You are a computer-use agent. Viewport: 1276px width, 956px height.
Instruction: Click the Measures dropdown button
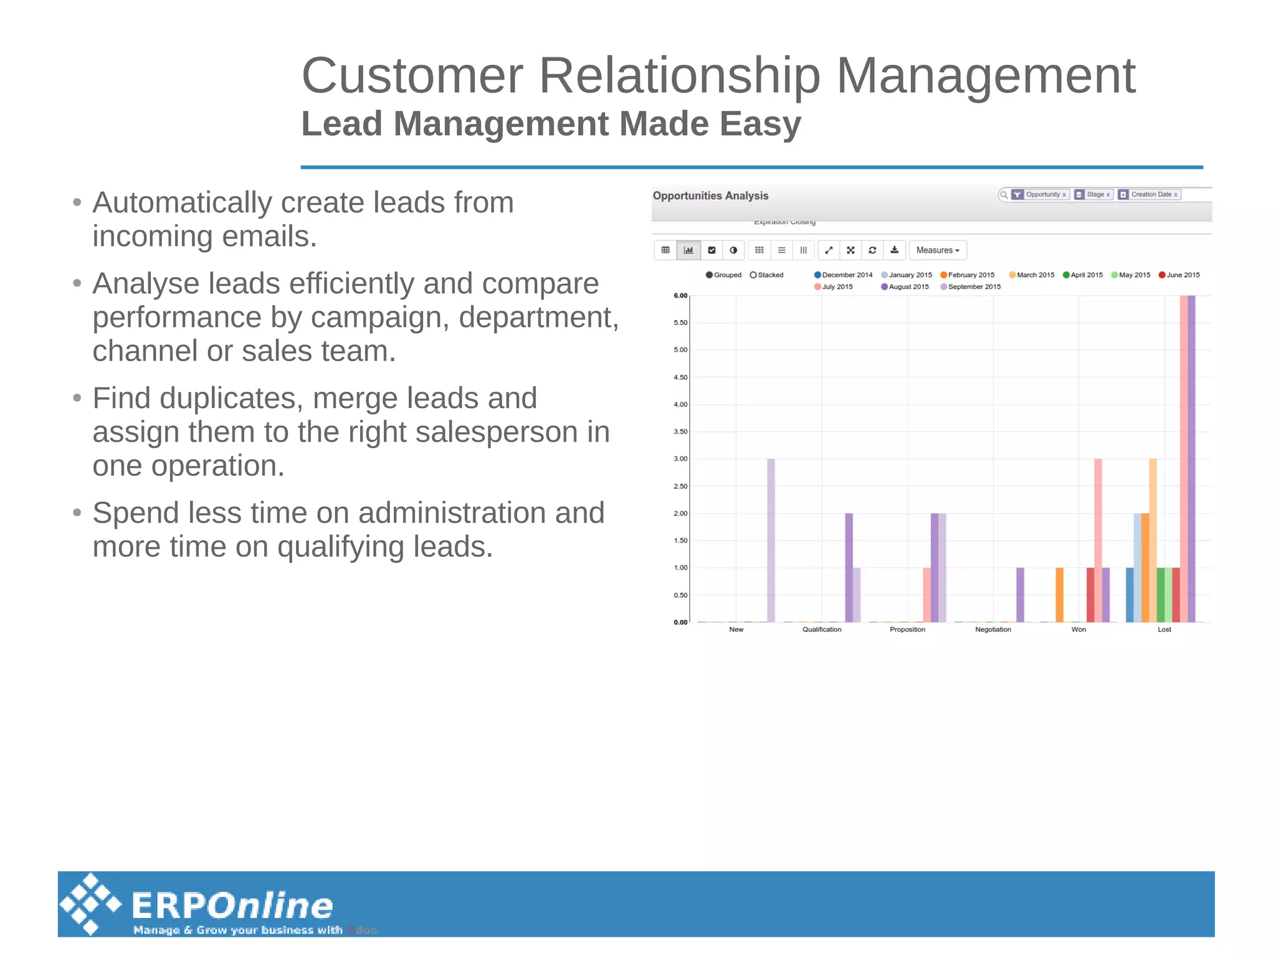click(x=937, y=250)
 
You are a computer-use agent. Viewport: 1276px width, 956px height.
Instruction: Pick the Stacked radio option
click(x=766, y=275)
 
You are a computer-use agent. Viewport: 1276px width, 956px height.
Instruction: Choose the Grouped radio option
click(x=723, y=275)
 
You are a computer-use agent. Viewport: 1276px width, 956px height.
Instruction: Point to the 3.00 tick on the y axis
click(x=680, y=459)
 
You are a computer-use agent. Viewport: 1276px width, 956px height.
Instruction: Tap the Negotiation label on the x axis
click(x=993, y=630)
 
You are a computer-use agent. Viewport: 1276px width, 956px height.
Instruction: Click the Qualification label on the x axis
click(x=821, y=630)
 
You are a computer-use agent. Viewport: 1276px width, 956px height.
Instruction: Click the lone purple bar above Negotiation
click(x=1020, y=595)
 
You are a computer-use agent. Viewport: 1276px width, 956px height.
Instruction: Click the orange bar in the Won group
click(x=1059, y=595)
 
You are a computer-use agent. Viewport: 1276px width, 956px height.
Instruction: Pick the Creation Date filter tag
click(x=1150, y=194)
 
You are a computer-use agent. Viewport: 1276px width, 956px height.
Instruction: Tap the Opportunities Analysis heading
click(x=710, y=196)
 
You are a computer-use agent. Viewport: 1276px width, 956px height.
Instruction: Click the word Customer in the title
click(x=412, y=75)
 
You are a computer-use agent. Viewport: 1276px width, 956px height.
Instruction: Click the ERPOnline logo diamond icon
click(x=91, y=904)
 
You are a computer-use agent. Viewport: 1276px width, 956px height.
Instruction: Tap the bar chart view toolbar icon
click(x=688, y=250)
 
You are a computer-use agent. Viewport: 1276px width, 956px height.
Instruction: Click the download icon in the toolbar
click(x=894, y=250)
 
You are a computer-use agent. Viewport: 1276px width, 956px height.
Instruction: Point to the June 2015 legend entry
click(x=1179, y=275)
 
